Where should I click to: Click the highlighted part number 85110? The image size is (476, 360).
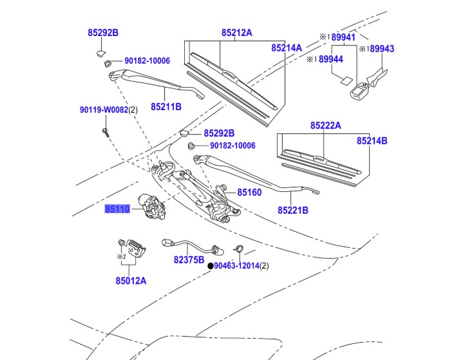pos(118,209)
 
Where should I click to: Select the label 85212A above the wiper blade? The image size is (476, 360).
pos(237,33)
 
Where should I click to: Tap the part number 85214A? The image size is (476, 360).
pos(287,48)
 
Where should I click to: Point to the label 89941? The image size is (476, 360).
pos(343,37)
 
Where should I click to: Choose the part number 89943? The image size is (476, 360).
pos(381,49)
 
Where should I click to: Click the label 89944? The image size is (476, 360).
pos(331,59)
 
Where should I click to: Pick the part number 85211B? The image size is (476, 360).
pos(166,106)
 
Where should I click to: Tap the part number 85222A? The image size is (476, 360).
pos(325,126)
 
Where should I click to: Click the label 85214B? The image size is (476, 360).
pos(372,140)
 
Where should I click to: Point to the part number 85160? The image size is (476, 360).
pos(249,192)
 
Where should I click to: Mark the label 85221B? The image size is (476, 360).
pos(293,210)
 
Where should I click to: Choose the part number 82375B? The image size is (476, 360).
pos(189,260)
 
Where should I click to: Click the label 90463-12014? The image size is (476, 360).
pos(236,265)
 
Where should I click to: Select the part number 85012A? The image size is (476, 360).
pos(131,280)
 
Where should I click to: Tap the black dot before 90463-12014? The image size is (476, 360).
pos(209,265)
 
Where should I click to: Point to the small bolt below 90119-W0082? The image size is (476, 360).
pos(104,132)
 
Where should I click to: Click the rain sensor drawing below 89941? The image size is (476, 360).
pos(358,92)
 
